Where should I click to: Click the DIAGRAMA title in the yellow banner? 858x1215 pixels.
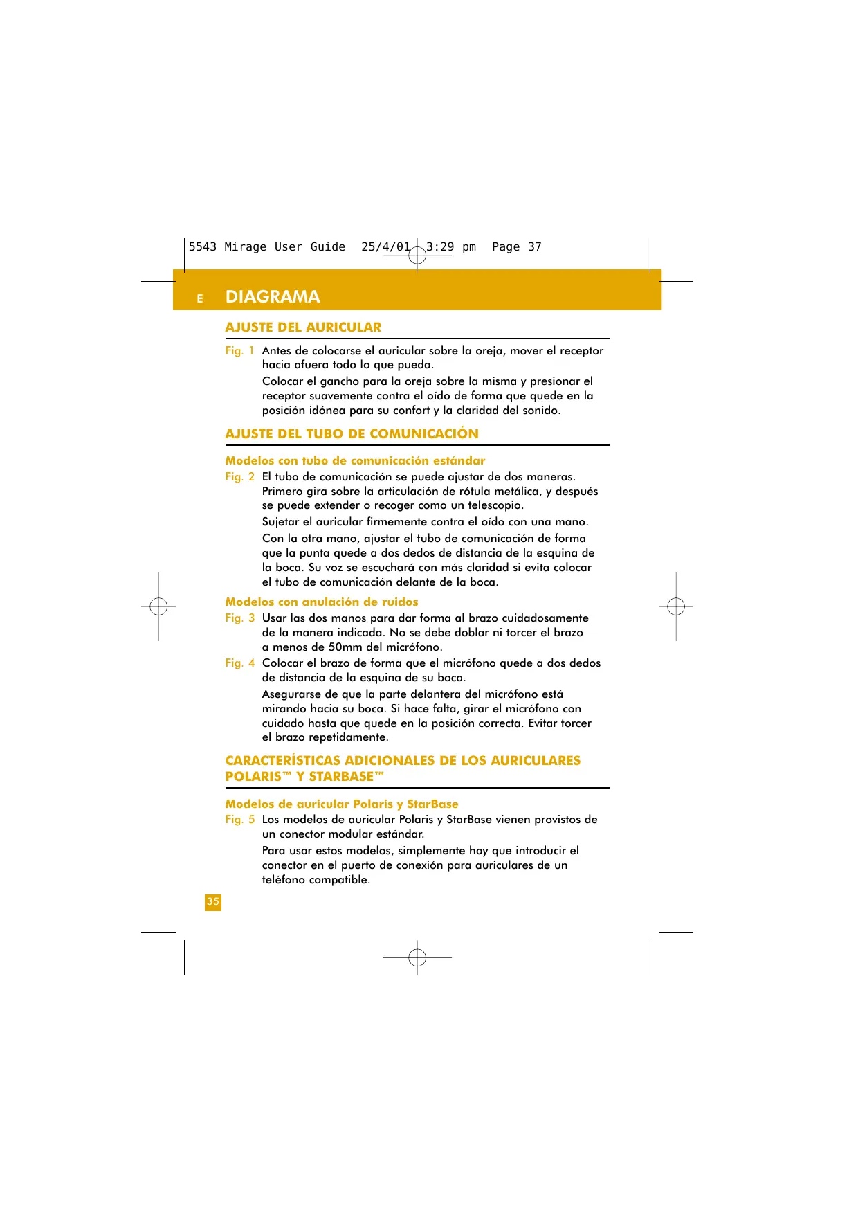(x=273, y=297)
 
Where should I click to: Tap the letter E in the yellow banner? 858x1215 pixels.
(x=200, y=299)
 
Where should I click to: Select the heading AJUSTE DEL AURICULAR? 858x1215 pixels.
(x=303, y=327)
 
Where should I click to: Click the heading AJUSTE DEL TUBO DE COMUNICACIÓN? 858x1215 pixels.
(x=352, y=434)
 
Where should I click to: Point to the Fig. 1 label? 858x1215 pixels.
(x=239, y=351)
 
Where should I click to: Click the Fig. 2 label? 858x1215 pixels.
(x=239, y=477)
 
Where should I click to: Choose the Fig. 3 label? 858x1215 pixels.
(x=239, y=618)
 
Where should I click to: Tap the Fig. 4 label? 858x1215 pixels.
(x=239, y=663)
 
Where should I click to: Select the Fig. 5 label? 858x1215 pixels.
(x=239, y=820)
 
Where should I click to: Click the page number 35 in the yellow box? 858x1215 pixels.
(x=213, y=902)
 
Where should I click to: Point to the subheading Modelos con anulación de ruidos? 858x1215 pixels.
(x=322, y=602)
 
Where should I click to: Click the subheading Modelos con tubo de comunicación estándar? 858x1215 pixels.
(x=355, y=461)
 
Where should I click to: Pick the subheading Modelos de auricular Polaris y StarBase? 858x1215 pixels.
(x=342, y=804)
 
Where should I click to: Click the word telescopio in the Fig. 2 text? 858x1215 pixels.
(x=494, y=506)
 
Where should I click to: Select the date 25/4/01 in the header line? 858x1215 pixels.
(x=385, y=247)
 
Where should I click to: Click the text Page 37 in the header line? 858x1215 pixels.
(x=516, y=247)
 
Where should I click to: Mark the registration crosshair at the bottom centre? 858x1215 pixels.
(x=417, y=957)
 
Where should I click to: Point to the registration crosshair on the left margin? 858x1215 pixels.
(x=158, y=606)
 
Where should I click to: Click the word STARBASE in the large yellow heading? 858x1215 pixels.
(x=340, y=777)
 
